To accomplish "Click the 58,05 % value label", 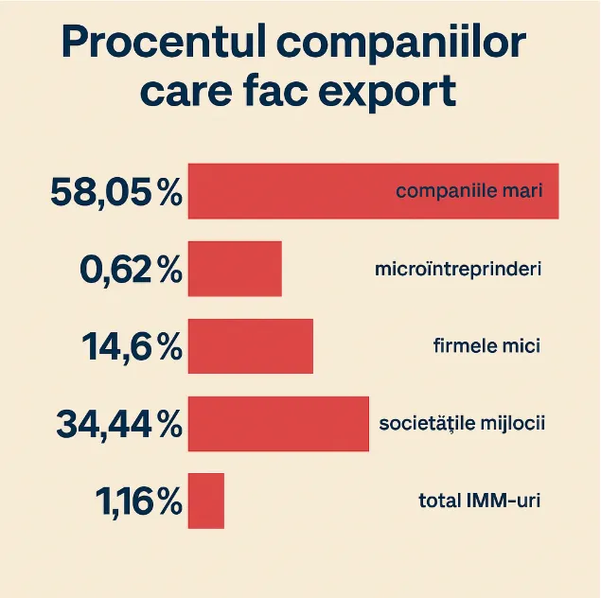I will [x=115, y=192].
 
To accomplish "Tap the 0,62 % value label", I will [x=131, y=270].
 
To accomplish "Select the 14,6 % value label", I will [x=132, y=347].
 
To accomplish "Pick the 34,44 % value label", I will [x=118, y=424].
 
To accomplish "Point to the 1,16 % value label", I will [x=138, y=501].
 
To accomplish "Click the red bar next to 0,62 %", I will [x=235, y=269].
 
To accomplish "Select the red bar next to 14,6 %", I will [x=251, y=346].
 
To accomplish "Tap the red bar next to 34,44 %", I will [x=278, y=424].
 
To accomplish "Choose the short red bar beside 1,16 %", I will [x=206, y=501].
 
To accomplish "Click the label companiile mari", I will [x=468, y=191].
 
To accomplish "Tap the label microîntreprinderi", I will [x=458, y=269].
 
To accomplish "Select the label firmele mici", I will [x=486, y=346].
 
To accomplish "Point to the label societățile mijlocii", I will [x=462, y=424].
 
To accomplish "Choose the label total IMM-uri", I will [x=479, y=501].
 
